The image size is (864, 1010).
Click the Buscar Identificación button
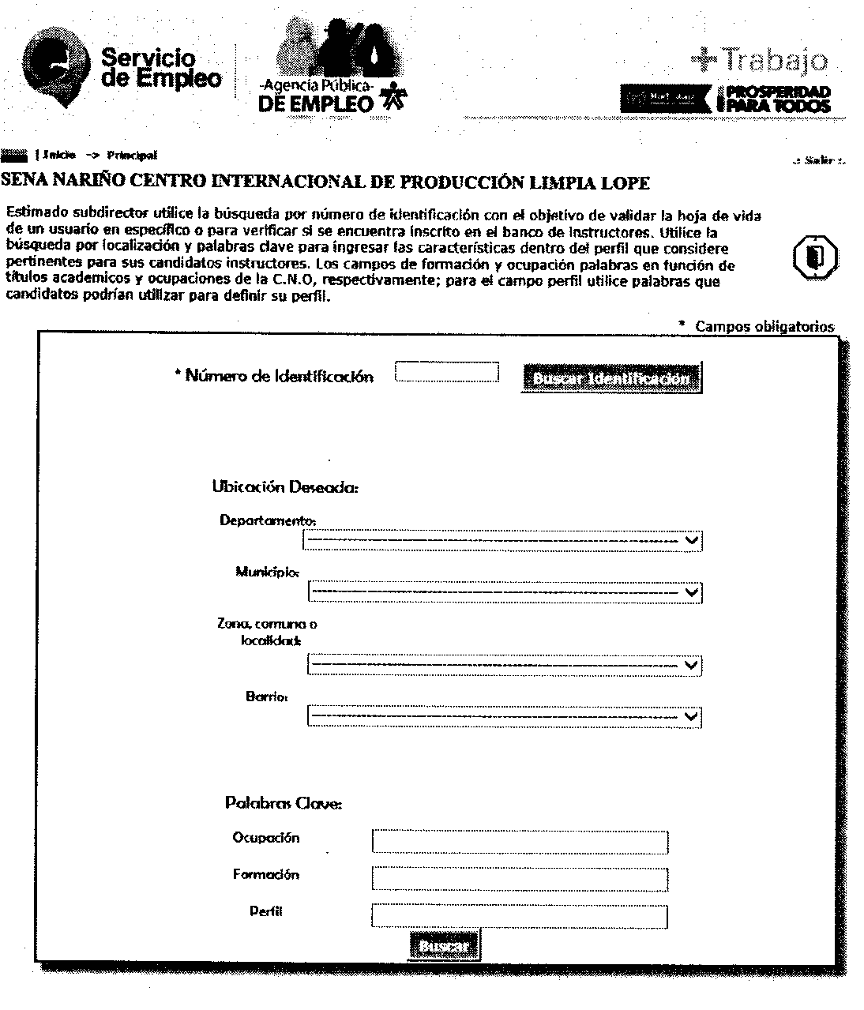610,379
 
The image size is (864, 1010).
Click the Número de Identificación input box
447,372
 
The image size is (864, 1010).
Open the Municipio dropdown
504,592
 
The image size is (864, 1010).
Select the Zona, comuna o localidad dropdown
504,665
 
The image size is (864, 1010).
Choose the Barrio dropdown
504,716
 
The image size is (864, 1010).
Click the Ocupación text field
520,842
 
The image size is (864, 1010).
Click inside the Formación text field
520,879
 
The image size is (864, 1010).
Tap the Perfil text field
520,916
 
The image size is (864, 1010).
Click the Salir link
821,160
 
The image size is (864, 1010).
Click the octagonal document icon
816,255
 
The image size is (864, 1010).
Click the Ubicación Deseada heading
285,487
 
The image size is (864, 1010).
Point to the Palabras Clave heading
284,804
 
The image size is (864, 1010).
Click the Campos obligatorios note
764,326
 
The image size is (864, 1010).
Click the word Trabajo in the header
775,60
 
